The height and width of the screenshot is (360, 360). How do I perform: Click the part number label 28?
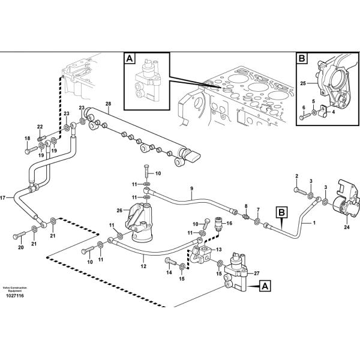point(108,104)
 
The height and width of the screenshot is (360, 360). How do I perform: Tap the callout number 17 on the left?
point(3,197)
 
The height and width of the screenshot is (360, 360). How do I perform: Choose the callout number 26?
point(119,211)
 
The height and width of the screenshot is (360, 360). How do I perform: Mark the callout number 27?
point(256,274)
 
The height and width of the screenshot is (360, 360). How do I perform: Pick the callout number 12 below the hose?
point(143,266)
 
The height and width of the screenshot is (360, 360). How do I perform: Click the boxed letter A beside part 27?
point(265,287)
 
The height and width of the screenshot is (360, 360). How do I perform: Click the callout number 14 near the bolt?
point(169,272)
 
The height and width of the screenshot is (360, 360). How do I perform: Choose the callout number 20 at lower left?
point(20,247)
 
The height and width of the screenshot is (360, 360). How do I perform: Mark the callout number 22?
point(40,127)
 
